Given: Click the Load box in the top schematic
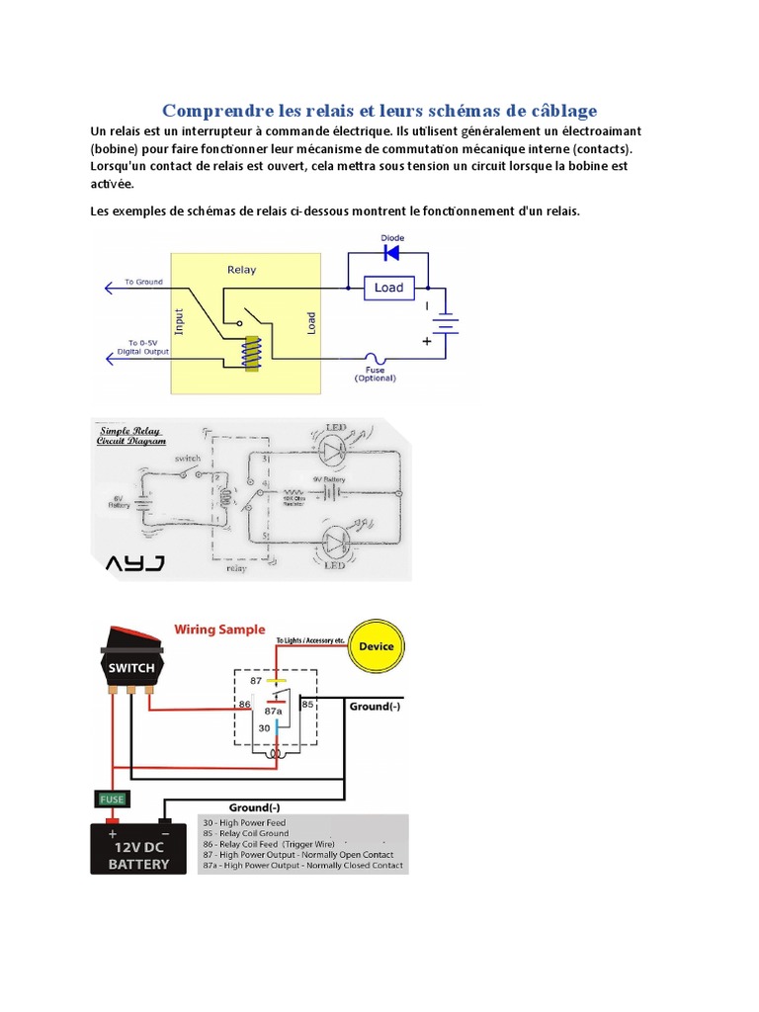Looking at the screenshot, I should click(x=388, y=288).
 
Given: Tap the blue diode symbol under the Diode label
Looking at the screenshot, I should click(x=390, y=253).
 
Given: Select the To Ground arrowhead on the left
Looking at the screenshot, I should click(x=109, y=288).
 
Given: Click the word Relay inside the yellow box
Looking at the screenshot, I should click(x=241, y=269).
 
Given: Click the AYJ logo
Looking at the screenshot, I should click(x=136, y=563).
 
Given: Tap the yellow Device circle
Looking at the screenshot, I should click(x=376, y=646).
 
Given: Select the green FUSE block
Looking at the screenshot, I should click(x=110, y=799).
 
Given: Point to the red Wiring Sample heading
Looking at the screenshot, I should click(x=219, y=629).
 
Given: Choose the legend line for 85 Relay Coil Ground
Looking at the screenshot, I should click(x=247, y=833).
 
